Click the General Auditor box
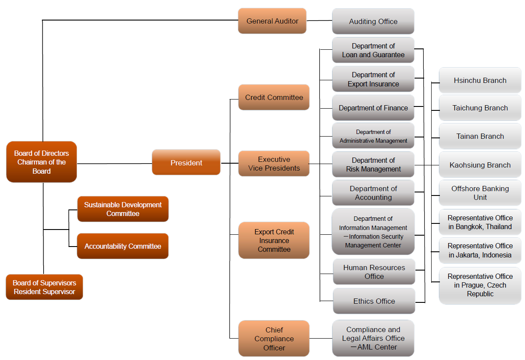(272, 21)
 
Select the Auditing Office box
(373, 21)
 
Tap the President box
(186, 163)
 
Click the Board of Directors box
(41, 162)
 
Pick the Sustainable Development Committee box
(123, 209)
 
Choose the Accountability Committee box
(123, 246)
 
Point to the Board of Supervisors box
(44, 287)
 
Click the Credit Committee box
(274, 97)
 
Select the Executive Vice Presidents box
(274, 164)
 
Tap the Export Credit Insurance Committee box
(274, 240)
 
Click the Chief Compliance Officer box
(274, 339)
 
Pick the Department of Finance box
(373, 108)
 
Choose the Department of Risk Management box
(373, 165)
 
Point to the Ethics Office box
(374, 301)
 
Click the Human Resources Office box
(374, 272)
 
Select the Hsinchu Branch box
(480, 80)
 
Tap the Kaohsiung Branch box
(480, 165)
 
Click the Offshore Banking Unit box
(480, 193)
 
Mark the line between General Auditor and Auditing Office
(319, 21)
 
